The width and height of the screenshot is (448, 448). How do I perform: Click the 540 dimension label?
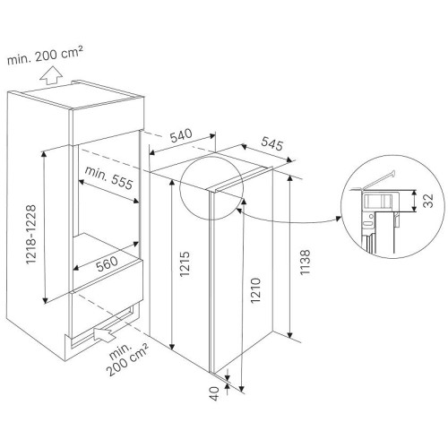pos(181,135)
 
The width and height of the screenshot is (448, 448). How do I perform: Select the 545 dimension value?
pos(271,143)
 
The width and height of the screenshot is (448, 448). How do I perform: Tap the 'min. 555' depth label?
pos(108,178)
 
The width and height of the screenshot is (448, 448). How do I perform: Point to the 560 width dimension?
pos(108,264)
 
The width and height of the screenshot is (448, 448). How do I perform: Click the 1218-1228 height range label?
pos(31,235)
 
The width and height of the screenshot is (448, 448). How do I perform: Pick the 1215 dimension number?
pos(185,263)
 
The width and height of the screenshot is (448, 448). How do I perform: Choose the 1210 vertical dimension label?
pos(256,290)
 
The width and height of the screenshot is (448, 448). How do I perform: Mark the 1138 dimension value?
pos(306,263)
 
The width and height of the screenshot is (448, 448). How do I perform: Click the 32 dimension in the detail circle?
pos(429,201)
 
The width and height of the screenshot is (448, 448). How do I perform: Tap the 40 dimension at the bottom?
pos(215,393)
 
